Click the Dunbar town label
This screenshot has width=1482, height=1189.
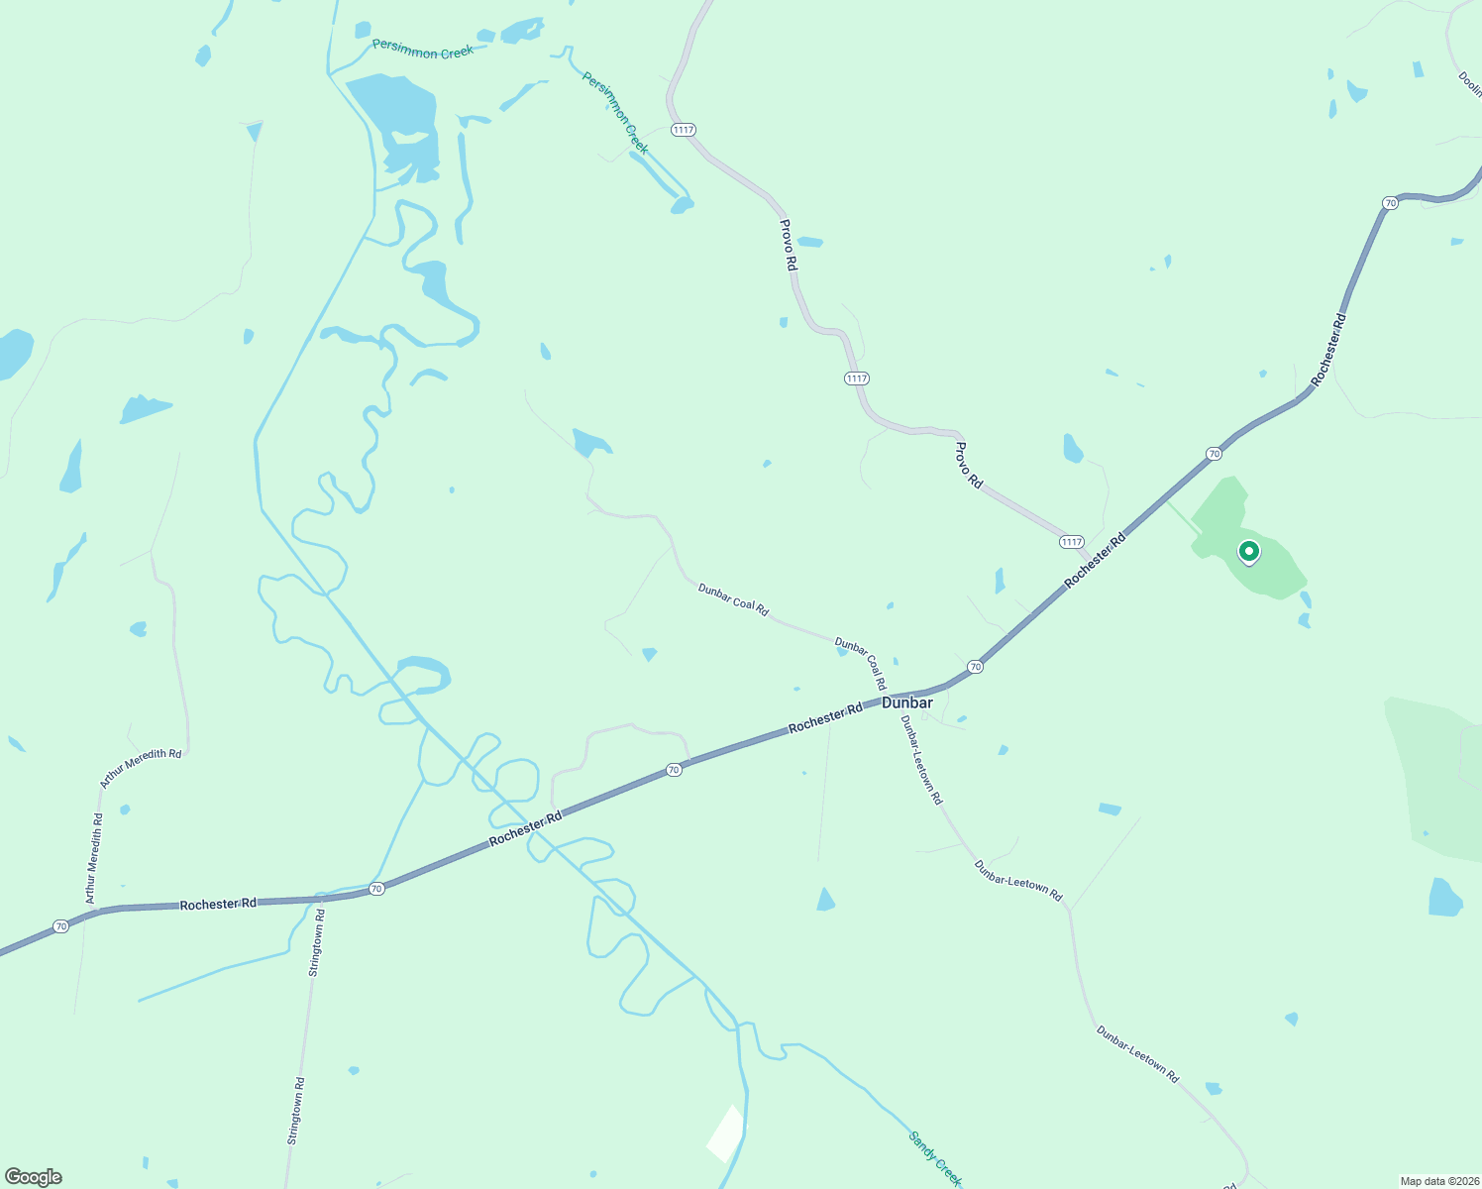click(x=906, y=703)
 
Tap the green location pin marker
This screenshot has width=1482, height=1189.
click(x=1249, y=552)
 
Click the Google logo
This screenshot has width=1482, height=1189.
click(x=34, y=1177)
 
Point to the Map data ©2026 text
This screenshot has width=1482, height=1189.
click(x=1438, y=1181)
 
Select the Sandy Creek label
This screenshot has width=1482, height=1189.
click(x=935, y=1158)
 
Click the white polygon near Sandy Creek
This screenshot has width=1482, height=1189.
click(x=726, y=1134)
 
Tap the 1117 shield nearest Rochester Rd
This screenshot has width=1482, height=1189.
click(x=1071, y=542)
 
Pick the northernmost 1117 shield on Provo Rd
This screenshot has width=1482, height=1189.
click(x=683, y=130)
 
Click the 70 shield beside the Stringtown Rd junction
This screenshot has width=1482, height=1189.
click(x=375, y=889)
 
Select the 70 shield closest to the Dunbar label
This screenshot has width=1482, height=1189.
click(x=976, y=667)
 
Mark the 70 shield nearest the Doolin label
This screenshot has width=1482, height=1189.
click(x=1390, y=203)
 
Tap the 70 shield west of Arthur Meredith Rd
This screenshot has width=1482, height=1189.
click(x=61, y=926)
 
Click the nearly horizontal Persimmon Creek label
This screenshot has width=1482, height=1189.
click(x=423, y=49)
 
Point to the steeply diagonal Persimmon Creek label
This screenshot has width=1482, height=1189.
click(x=615, y=113)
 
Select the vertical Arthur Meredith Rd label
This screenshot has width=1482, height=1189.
click(x=94, y=858)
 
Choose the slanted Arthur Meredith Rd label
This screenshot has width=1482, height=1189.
click(x=141, y=768)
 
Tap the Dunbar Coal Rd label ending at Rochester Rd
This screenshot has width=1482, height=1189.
click(x=860, y=664)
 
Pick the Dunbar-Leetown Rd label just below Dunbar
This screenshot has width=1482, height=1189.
click(x=921, y=760)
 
